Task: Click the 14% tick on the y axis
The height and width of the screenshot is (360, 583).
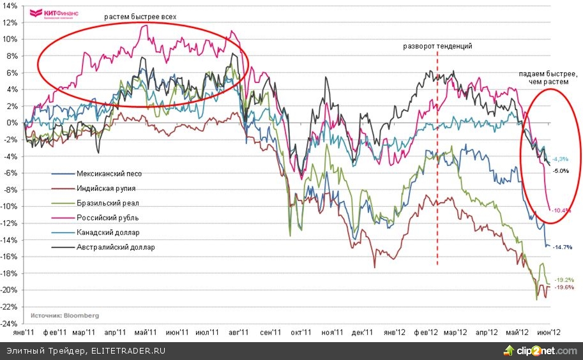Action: pos(11,5)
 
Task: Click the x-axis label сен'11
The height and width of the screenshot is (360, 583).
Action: pos(270,332)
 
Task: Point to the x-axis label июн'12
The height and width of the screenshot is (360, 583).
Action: pos(549,332)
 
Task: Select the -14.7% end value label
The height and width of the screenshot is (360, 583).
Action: pos(562,247)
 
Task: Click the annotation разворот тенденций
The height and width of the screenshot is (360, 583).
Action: pos(437,47)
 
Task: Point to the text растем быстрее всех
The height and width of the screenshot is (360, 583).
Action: pos(140,15)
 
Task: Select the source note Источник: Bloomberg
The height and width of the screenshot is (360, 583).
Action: pos(63,315)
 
